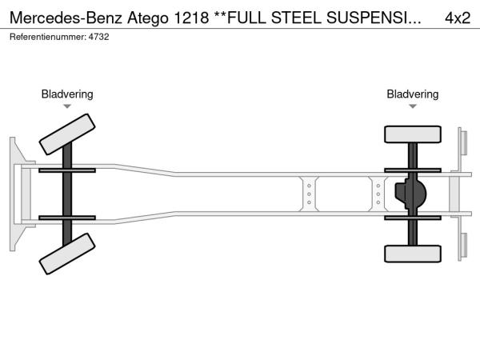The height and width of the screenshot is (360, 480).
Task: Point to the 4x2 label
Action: point(457,17)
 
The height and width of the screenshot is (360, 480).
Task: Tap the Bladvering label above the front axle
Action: point(67,94)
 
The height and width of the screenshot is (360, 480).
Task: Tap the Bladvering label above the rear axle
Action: point(413,94)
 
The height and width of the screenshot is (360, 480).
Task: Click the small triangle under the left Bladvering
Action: point(67,106)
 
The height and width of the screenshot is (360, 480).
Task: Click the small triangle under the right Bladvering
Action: point(413,106)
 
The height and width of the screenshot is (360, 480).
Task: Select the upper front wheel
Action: point(66,134)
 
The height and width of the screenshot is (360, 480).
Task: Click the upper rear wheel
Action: point(413,134)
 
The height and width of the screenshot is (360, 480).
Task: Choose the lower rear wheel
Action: point(413,254)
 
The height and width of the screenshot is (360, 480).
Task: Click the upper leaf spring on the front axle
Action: point(66,170)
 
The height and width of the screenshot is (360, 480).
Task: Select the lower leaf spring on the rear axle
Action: point(413,216)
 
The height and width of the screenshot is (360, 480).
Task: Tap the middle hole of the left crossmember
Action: point(309,194)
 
